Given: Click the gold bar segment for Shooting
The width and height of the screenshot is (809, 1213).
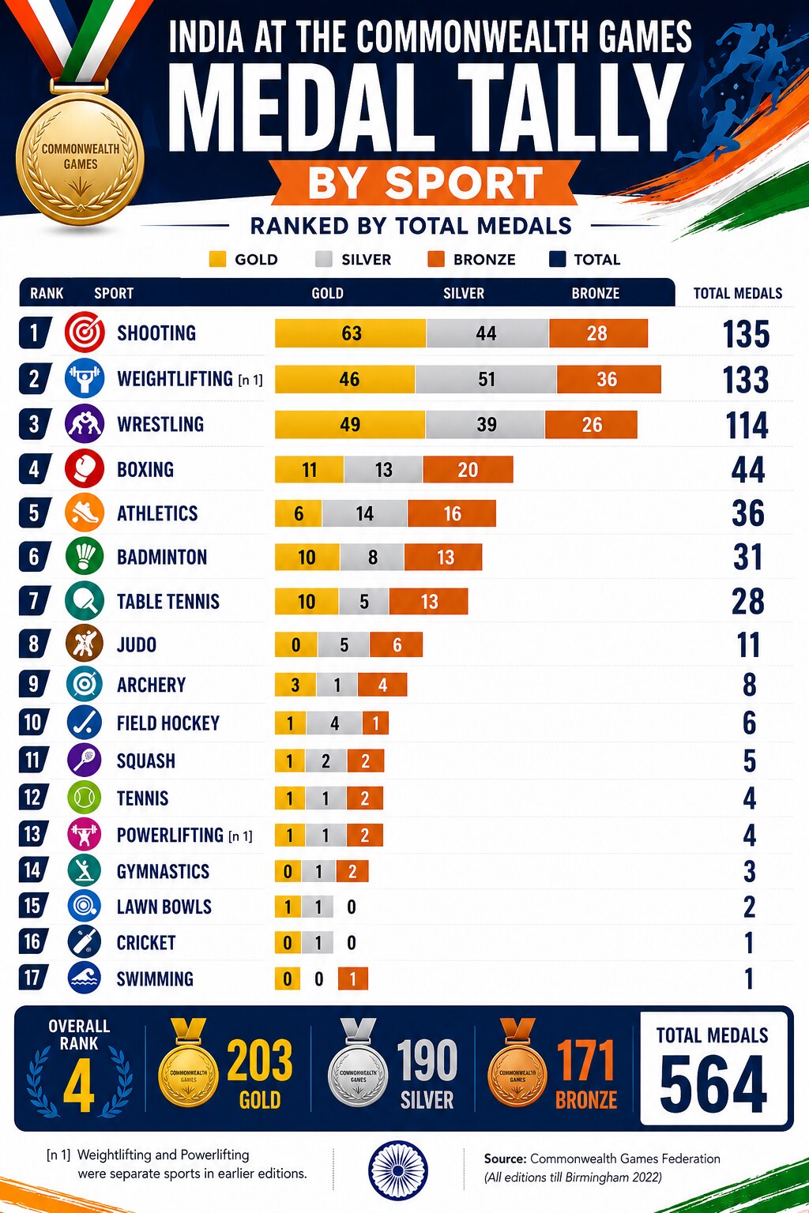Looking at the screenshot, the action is (351, 333).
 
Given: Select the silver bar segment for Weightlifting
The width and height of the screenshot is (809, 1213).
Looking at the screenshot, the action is (486, 379).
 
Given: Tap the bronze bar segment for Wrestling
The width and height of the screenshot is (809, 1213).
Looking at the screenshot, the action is (591, 425).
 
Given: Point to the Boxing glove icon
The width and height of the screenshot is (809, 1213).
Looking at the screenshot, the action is (85, 468).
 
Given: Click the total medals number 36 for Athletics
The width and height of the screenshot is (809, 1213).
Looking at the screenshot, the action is (747, 513).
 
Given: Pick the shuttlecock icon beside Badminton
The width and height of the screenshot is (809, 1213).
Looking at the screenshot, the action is (85, 557).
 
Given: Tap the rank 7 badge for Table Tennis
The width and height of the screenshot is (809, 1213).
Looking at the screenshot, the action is (34, 600).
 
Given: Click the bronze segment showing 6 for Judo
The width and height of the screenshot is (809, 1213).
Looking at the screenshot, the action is (396, 645).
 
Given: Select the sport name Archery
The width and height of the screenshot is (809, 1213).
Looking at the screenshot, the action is (151, 685).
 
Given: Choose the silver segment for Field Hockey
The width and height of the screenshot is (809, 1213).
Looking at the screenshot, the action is (334, 723).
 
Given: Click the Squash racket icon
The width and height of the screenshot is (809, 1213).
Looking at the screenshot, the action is (84, 760).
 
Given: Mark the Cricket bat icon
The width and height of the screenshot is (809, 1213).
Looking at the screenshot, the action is (84, 942).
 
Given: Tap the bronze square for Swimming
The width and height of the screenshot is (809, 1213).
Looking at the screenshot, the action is (352, 978).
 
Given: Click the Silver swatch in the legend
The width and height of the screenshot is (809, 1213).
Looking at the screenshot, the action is (323, 259).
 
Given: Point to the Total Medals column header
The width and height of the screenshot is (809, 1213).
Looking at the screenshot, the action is (737, 294).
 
